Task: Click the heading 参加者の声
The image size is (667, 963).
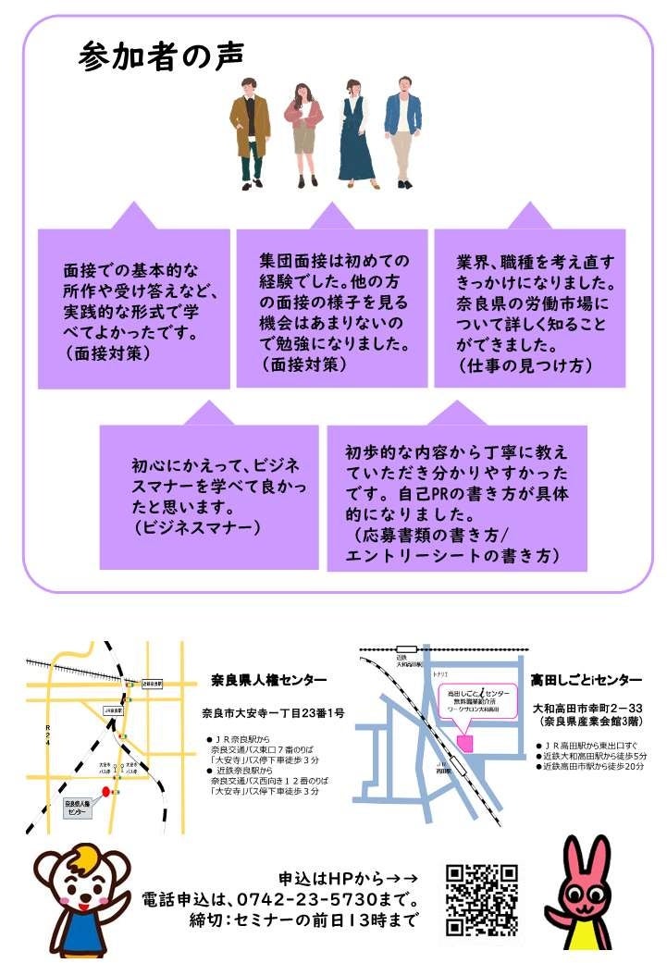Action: tap(162, 56)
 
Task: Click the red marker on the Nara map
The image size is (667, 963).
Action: tap(105, 792)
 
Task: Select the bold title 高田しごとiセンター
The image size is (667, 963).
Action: tap(586, 680)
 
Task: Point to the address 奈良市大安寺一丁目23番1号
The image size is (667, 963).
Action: tap(273, 712)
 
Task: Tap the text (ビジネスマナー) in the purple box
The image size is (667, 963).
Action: tap(197, 527)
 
